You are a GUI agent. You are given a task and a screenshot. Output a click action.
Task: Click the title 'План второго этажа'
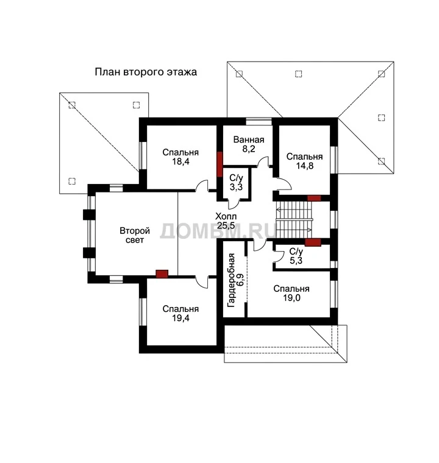point(146,72)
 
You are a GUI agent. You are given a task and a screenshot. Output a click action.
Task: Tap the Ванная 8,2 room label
point(249,144)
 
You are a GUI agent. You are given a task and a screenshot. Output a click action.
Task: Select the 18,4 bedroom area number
point(180,161)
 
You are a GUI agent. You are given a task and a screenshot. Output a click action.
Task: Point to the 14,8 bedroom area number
point(304,166)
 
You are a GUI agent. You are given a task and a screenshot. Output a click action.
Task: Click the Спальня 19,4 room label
point(180,313)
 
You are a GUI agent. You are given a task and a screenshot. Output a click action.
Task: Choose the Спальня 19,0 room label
point(291,293)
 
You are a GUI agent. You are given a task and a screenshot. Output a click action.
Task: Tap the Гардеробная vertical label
point(231,280)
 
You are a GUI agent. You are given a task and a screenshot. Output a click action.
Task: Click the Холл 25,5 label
point(226,221)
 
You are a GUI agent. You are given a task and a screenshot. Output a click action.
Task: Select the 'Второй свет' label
point(135,235)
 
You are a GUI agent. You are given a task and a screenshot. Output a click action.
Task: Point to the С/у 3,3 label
point(236,182)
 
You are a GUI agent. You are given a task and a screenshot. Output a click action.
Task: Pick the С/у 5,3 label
point(296,256)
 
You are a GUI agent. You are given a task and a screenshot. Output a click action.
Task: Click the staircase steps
point(294,220)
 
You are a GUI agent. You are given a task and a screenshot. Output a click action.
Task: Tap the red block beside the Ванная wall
point(220,164)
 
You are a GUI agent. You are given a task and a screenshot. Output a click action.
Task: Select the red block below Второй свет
point(162,274)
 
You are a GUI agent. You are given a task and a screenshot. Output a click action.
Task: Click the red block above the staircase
point(314,198)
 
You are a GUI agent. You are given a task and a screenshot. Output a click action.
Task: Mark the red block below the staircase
point(313,242)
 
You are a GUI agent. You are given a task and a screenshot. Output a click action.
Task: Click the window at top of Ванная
point(259,121)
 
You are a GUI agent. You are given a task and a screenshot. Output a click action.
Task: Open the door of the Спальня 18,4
point(202,186)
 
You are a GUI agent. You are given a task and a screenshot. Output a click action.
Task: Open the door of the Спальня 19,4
point(202,282)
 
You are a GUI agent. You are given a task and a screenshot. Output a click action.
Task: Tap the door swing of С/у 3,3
point(234,204)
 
